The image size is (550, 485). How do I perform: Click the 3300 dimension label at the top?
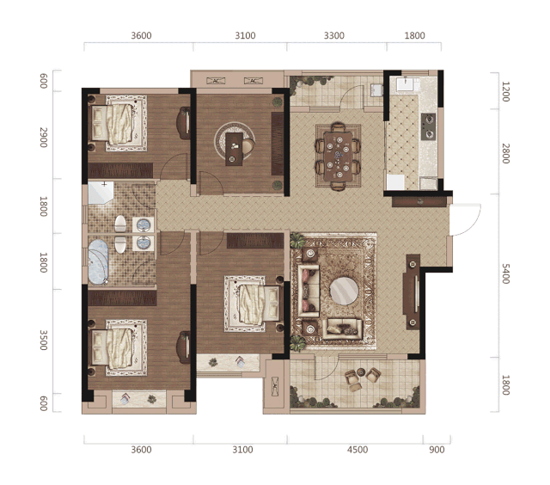pos(334,35)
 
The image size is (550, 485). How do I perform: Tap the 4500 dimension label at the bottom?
pos(357,450)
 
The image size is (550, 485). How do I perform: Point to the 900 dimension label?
pos(437,450)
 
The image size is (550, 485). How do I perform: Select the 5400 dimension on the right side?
pos(505,273)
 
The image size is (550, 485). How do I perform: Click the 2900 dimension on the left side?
pos(43,138)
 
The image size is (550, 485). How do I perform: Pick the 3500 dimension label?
pos(43,340)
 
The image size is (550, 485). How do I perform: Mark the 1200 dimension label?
pos(505,92)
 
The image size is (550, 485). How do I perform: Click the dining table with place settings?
pos(338,157)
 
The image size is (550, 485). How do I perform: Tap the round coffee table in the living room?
pos(344,291)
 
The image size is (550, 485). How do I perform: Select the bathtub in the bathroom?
pos(98,261)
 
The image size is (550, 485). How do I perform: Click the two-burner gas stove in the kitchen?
pos(428,126)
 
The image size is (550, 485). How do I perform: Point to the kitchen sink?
pos(406,84)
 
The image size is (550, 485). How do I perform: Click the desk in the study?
pos(234,149)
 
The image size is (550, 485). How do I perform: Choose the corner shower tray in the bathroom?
pos(101,193)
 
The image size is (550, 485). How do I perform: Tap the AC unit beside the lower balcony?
pos(275,387)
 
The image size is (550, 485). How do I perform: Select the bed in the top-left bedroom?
pos(119,123)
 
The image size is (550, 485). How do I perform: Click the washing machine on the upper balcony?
pos(377,89)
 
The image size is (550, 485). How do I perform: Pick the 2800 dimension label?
pos(505,153)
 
